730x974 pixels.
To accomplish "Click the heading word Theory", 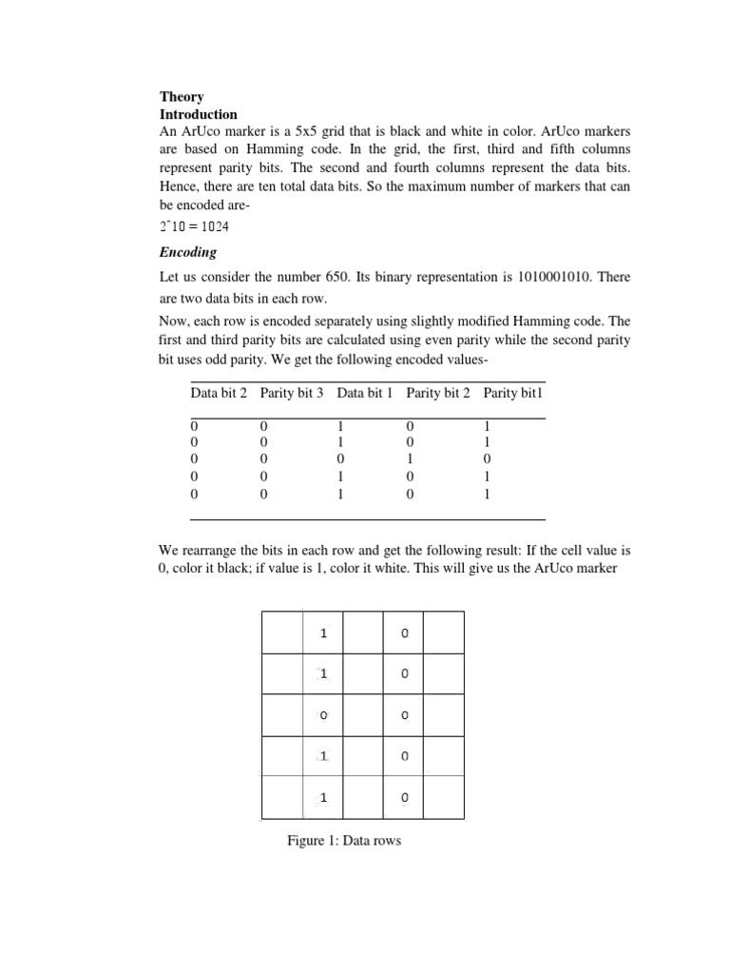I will pos(182,97).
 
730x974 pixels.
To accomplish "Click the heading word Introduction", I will pos(199,114).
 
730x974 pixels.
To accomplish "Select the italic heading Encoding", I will pos(188,252).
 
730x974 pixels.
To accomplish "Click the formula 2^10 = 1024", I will pos(194,227).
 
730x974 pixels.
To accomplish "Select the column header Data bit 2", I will pos(219,393).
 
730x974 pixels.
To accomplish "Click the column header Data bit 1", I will pos(365,393).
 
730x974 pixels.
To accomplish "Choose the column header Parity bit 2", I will pos(438,393).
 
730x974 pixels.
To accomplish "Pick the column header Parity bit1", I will pos(513,393).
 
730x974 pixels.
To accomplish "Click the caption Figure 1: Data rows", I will pos(344,841).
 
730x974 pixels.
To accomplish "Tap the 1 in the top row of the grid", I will pos(323,633).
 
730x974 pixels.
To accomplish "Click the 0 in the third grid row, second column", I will pos(323,714).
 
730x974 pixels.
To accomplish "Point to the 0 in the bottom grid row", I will pos(405,798).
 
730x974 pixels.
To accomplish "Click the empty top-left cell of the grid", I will pos(282,633).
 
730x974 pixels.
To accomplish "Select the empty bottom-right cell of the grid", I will pos(444,798).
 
